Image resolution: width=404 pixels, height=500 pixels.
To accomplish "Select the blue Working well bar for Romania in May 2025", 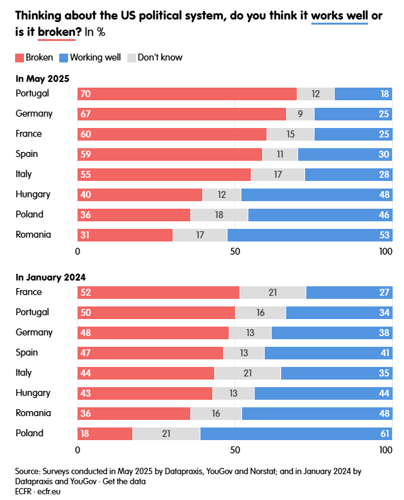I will click(309, 235).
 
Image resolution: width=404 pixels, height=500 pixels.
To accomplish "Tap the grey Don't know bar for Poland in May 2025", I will click(219, 215).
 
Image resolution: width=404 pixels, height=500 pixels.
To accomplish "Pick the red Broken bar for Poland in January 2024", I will click(105, 434).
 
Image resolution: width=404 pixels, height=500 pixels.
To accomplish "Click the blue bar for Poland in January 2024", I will click(295, 434).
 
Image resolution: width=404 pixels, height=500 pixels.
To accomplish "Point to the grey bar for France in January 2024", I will click(272, 293).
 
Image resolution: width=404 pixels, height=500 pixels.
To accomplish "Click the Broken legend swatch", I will click(19, 58).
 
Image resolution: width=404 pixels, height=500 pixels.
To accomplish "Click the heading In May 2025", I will click(42, 79).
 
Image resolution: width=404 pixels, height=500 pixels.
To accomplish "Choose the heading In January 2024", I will click(50, 277).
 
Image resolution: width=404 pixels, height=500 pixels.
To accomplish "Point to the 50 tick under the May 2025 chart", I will click(234, 252).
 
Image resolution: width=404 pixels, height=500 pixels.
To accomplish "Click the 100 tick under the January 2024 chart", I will click(385, 450).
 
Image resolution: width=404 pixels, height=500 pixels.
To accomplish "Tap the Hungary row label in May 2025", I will click(33, 194).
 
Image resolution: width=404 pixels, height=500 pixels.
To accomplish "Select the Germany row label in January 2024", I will click(34, 332).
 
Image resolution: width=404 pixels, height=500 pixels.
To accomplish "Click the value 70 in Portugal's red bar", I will click(85, 94).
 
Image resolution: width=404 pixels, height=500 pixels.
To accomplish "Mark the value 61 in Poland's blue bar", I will click(384, 434).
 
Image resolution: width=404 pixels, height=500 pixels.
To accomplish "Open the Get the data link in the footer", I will click(124, 481).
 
